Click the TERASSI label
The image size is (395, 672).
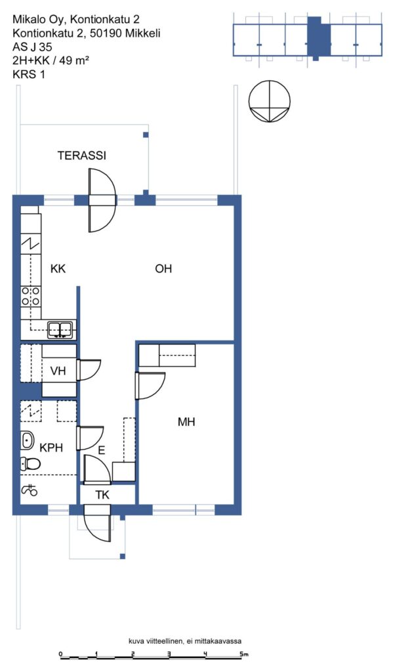coord(82,155)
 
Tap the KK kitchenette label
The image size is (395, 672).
coord(58,268)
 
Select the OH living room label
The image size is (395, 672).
coord(163,268)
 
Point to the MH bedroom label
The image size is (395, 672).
coord(186,422)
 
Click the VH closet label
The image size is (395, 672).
coord(58,371)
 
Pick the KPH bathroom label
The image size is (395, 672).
coord(51,448)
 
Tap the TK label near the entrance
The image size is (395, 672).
coord(102,495)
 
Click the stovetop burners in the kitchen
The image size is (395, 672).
coord(31,296)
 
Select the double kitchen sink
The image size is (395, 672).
coord(60,329)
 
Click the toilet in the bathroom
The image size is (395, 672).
coord(30,463)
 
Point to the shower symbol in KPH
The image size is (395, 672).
coord(29,489)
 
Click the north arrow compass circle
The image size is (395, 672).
coord(270,101)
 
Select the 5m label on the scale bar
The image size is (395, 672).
coord(244,654)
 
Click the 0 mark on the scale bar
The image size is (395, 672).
coord(61,654)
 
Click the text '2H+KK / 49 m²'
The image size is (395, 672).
coord(51,60)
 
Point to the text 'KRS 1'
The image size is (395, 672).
coord(29,73)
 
